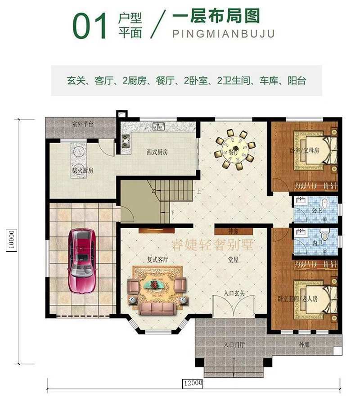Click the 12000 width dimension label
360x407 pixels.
192,384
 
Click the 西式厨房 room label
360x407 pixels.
157,153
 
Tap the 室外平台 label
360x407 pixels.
82,124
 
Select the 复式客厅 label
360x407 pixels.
157,260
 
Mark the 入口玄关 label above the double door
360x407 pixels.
234,294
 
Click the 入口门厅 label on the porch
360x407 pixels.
234,345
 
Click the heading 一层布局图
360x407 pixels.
216,17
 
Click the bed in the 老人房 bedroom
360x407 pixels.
315,298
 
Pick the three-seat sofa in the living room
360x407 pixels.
157,308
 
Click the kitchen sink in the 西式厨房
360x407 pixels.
158,127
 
